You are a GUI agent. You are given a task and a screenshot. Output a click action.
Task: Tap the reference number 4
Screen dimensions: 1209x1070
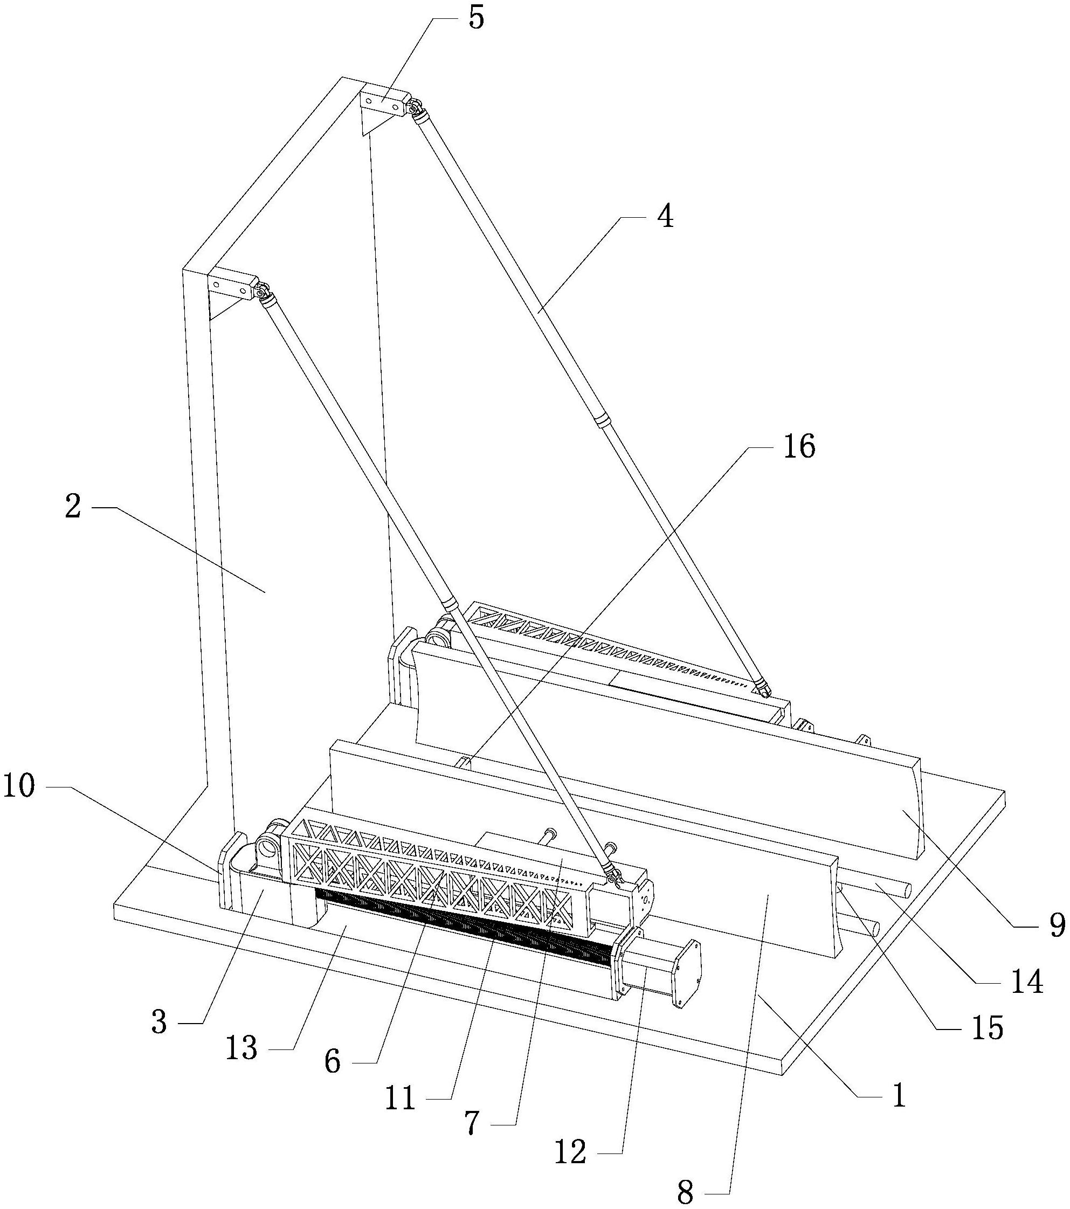(x=665, y=217)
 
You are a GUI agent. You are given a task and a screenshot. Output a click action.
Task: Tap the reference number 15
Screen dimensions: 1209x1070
(x=986, y=1028)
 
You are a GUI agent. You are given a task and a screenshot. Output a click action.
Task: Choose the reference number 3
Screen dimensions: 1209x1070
(x=159, y=1023)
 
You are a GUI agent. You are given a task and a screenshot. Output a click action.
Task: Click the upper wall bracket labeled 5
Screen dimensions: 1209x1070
(x=385, y=102)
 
